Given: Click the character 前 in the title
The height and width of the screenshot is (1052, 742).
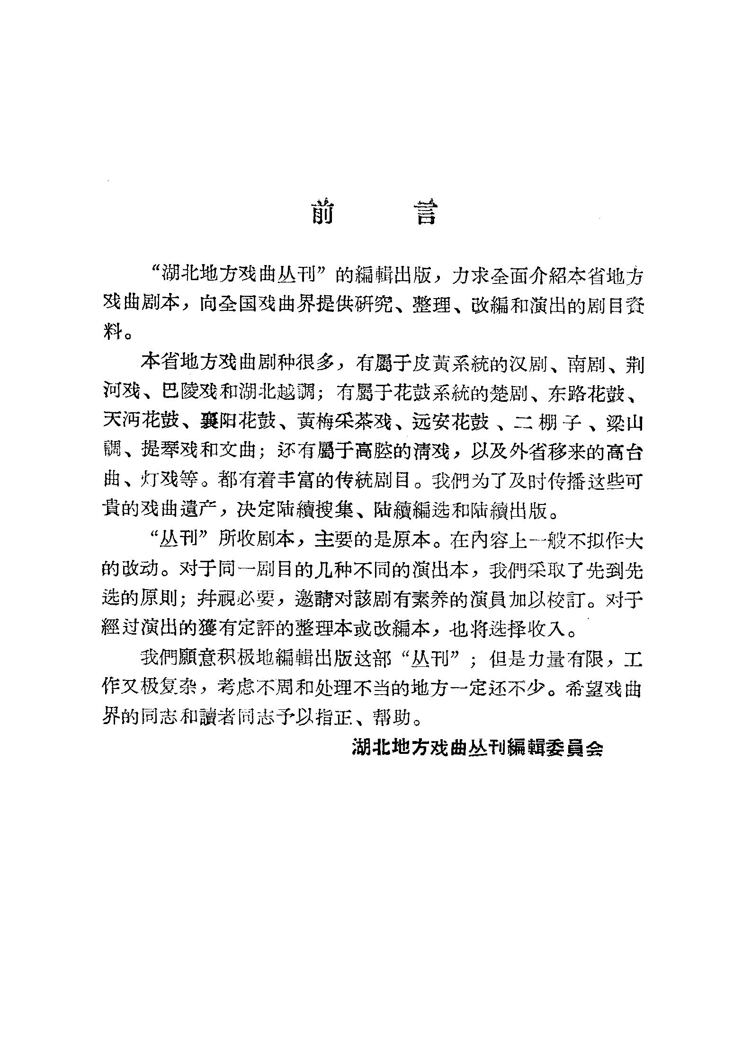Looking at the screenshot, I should (322, 212).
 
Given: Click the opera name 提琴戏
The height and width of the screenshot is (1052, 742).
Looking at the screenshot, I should (168, 451).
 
